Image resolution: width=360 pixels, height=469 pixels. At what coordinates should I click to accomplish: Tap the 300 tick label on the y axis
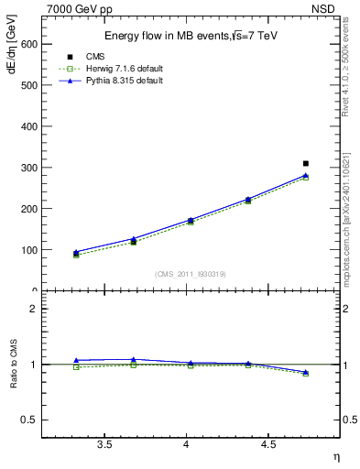(27, 168)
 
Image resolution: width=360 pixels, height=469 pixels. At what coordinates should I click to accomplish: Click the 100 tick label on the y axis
(27, 250)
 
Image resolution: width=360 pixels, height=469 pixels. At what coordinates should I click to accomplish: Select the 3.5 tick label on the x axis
(104, 444)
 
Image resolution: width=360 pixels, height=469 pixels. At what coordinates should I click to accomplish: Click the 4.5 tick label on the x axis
(268, 444)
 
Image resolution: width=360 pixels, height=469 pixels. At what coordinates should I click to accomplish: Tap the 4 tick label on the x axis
(186, 444)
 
